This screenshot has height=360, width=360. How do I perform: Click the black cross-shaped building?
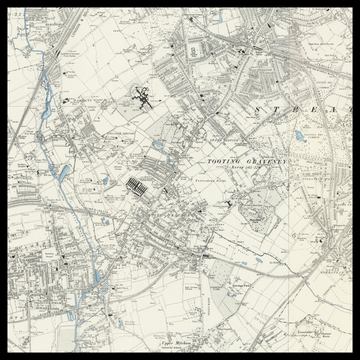click(x=143, y=98)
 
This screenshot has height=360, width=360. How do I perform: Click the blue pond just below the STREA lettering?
click(x=299, y=135)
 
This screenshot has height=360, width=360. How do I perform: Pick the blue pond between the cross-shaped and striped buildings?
click(x=158, y=145)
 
